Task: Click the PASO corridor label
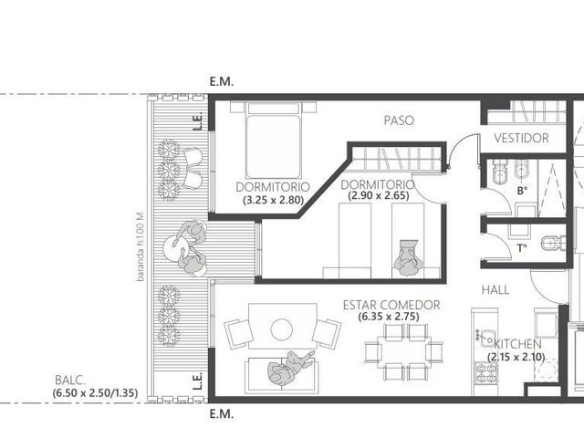coord(399,120)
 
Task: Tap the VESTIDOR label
coord(521,138)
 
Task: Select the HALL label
coord(495,290)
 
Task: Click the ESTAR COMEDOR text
coord(391,305)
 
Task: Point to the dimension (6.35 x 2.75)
coord(389,317)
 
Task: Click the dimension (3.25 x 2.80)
coord(274,200)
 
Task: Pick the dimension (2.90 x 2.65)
coord(379,195)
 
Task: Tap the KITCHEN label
coord(517,344)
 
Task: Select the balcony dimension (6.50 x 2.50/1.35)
coord(95,393)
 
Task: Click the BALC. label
coord(70,381)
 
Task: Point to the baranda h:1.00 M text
coord(140,246)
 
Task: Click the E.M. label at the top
coord(222,82)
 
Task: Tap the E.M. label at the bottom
coord(222,413)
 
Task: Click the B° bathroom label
coord(522,191)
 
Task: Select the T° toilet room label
coord(522,247)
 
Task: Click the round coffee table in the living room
coord(281,329)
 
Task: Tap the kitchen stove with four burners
coord(486,373)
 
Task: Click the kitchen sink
coord(487,339)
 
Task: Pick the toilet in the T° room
coord(553,244)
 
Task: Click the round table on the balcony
coord(174,246)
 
